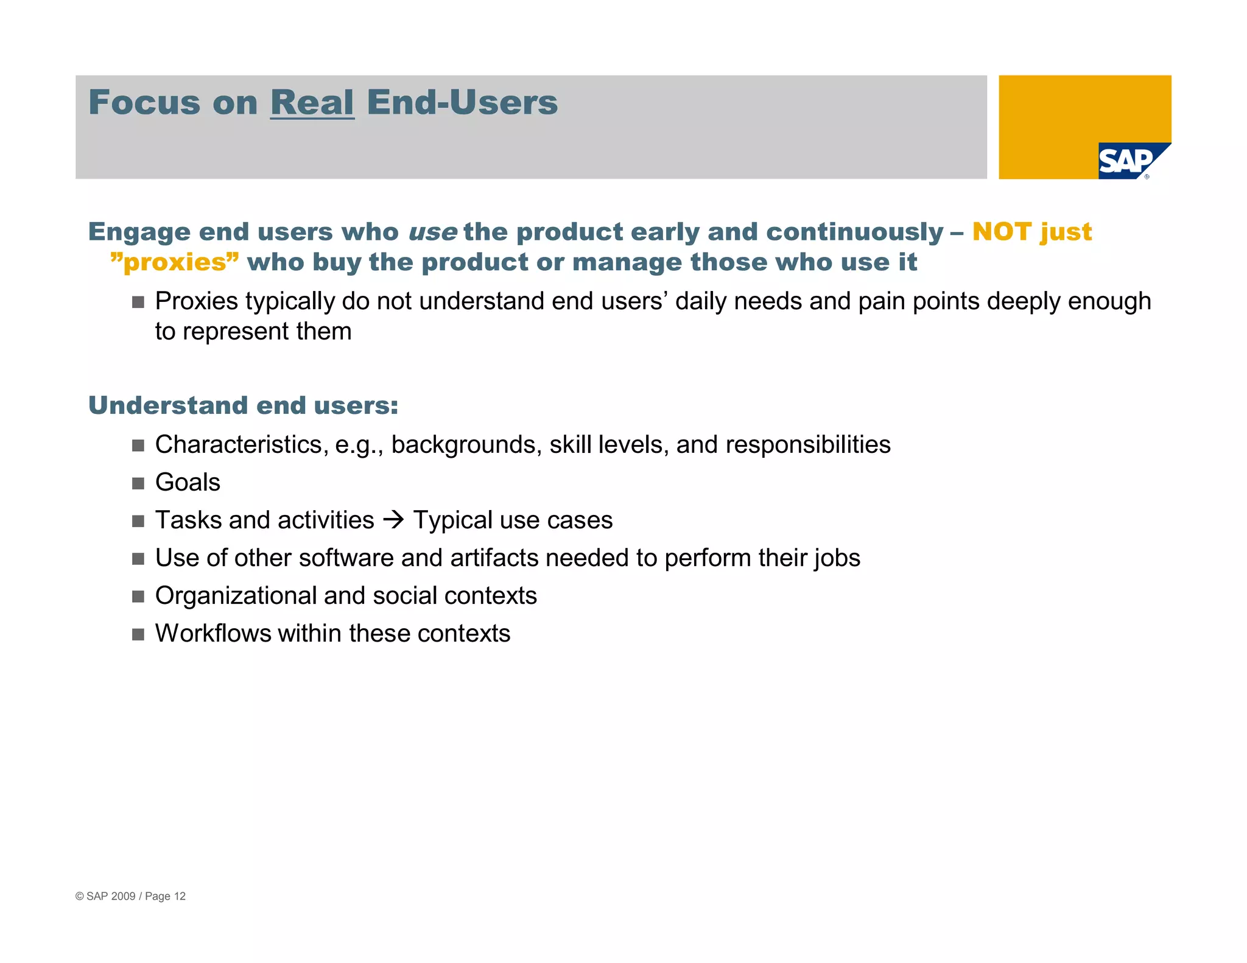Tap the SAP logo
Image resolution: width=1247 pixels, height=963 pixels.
pos(1127,161)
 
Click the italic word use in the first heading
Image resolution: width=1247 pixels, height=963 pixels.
pos(432,232)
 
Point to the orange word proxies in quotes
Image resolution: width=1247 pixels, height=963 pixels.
pos(175,262)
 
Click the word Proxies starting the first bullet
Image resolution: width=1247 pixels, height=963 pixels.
pos(196,301)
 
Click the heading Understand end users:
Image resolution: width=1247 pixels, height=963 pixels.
pos(243,405)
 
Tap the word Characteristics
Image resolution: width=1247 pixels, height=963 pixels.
pos(238,445)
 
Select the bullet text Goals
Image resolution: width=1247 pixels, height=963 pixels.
pos(188,483)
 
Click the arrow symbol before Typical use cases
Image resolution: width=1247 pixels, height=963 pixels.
pos(393,520)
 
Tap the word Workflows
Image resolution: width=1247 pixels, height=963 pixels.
pos(213,634)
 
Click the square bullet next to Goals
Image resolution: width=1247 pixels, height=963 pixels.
pos(138,483)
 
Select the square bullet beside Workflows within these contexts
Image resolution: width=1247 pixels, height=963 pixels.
pos(138,634)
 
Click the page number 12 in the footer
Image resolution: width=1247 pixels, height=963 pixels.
pos(180,896)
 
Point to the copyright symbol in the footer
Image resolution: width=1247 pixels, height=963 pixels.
pos(79,896)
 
